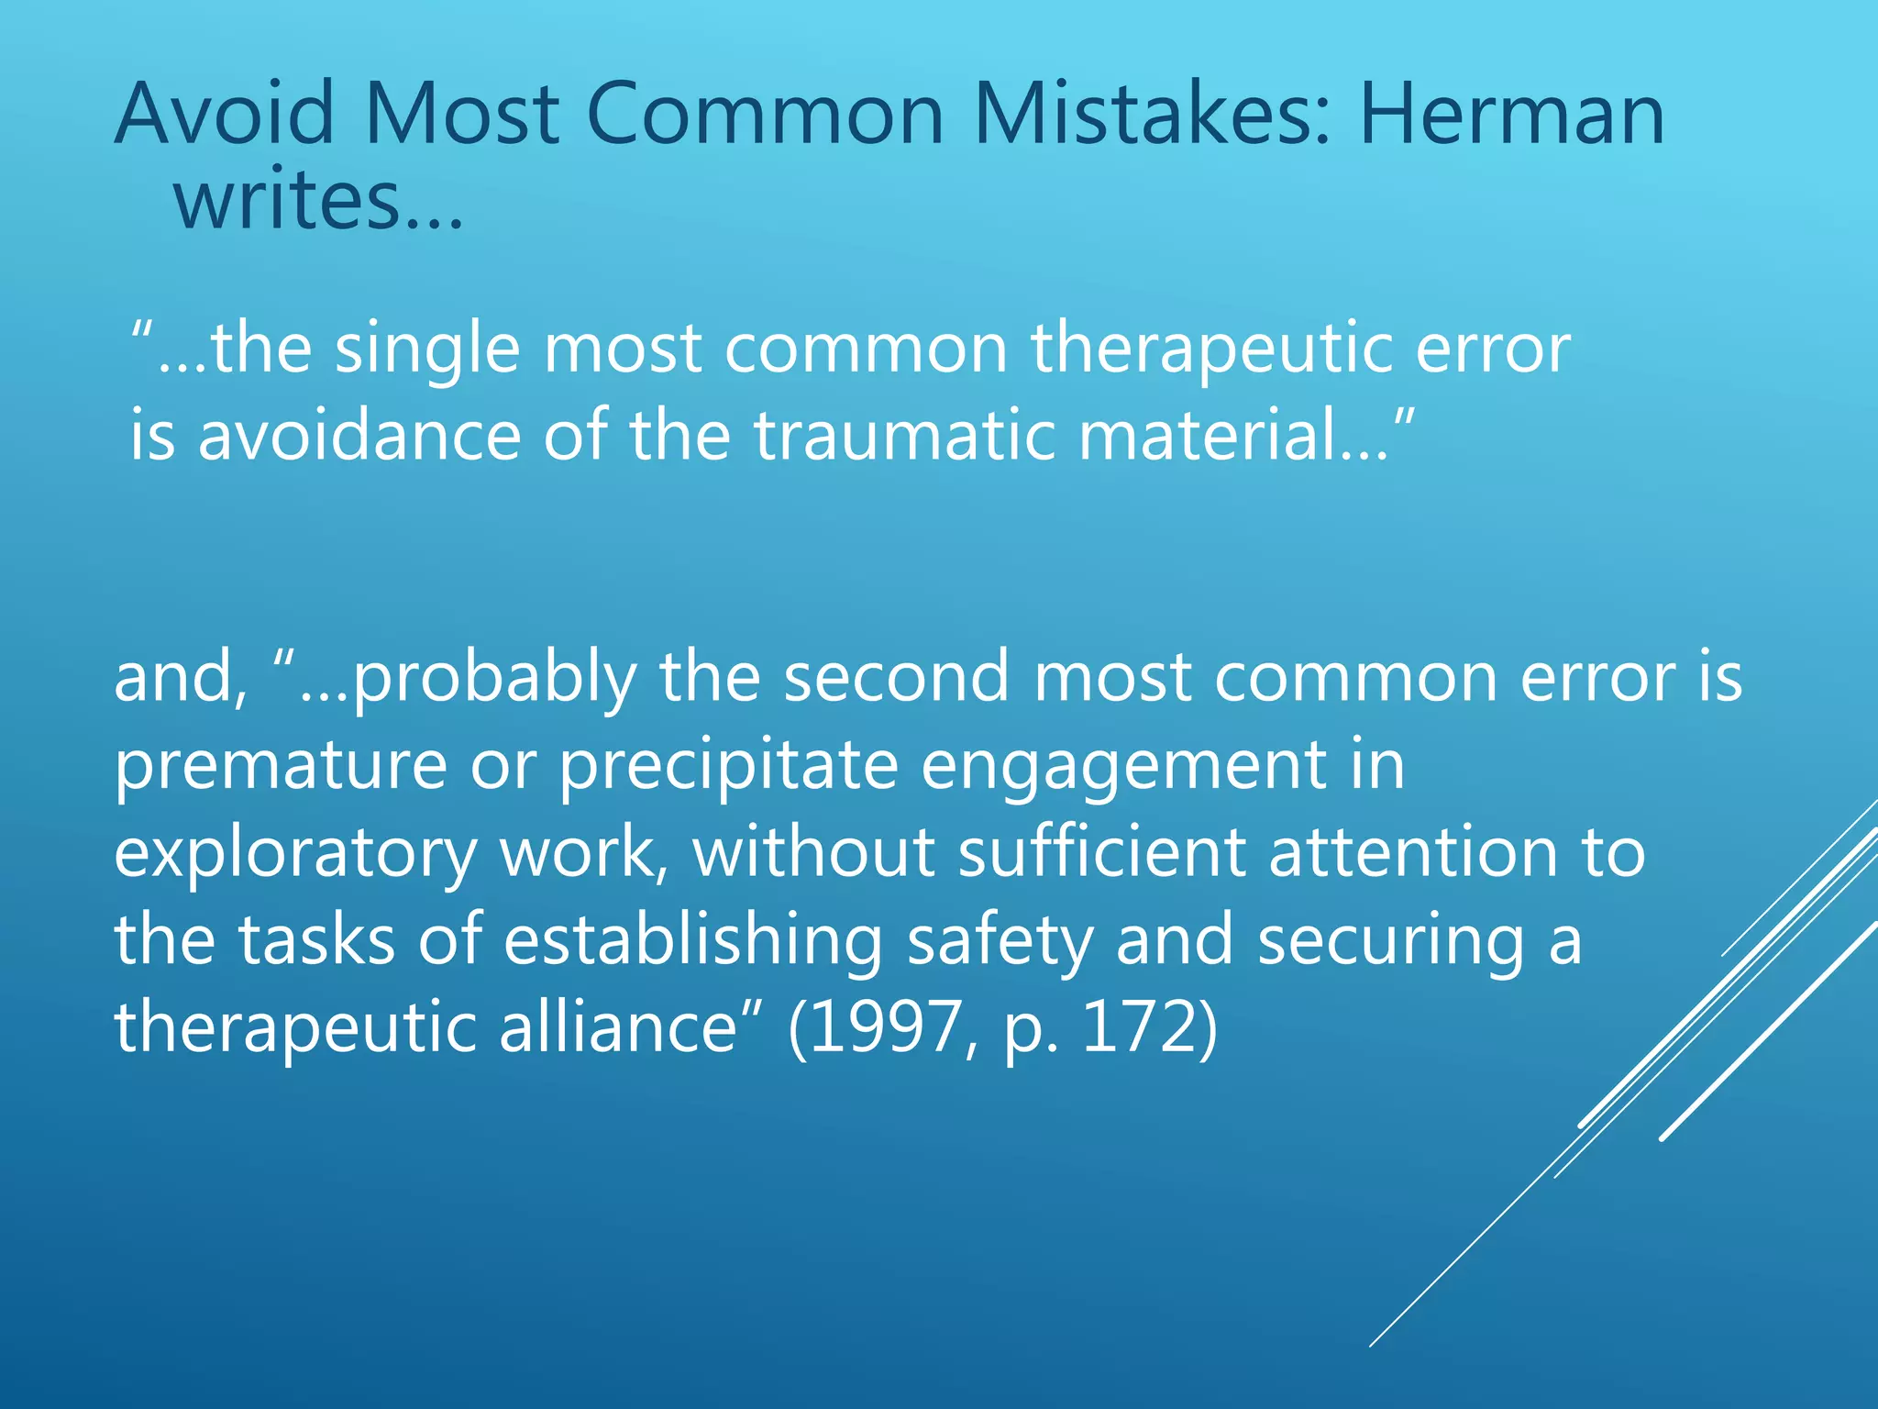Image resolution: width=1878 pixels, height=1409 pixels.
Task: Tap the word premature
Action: click(x=280, y=765)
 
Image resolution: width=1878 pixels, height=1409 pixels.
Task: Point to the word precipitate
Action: click(x=728, y=765)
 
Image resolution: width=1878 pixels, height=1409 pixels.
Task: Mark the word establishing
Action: click(x=692, y=941)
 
